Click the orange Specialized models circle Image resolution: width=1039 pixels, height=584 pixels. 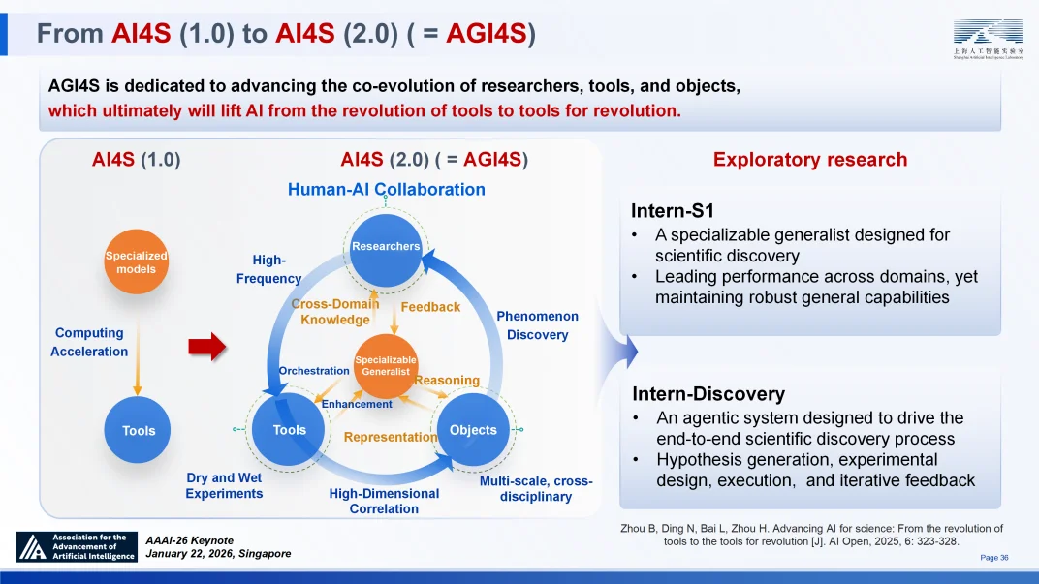click(x=136, y=261)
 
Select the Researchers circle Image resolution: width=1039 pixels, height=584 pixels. click(x=386, y=246)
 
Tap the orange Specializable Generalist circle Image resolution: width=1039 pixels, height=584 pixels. click(x=386, y=365)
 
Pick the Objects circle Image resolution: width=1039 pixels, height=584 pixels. click(x=473, y=430)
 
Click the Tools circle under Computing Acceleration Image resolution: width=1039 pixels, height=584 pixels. click(x=139, y=430)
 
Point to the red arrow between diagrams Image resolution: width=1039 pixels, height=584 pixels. click(x=205, y=346)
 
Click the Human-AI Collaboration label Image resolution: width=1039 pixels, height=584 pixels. click(x=387, y=189)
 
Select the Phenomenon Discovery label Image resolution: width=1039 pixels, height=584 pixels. click(x=537, y=325)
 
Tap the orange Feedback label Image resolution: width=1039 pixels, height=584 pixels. click(x=430, y=307)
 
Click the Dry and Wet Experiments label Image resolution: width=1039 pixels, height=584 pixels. click(x=224, y=485)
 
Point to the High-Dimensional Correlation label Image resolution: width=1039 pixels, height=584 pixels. click(x=384, y=501)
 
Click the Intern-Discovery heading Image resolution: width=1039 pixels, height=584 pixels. click(x=708, y=393)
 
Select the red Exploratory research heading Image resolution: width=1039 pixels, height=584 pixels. click(x=810, y=160)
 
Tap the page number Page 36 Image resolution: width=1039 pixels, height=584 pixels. click(x=994, y=558)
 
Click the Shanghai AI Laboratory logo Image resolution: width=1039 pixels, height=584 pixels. click(x=988, y=39)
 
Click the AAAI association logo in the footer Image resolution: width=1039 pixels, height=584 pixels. click(x=76, y=547)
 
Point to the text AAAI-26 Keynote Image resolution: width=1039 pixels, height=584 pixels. click(x=190, y=539)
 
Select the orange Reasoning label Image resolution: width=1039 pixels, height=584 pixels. click(x=447, y=381)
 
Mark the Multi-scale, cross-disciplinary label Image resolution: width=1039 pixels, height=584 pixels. click(x=536, y=489)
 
